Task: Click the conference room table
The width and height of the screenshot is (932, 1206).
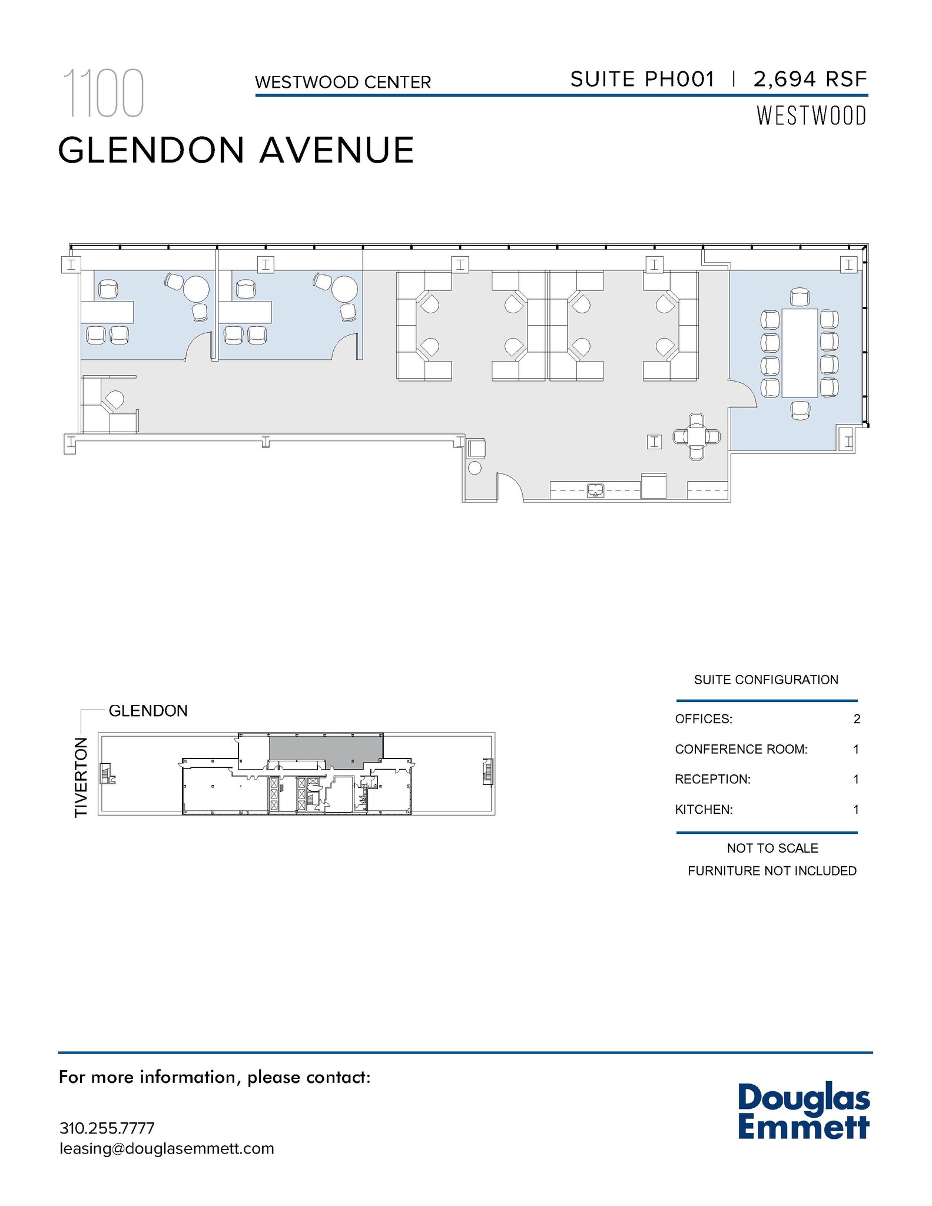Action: [799, 353]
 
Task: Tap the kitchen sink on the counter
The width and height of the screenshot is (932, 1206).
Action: [596, 490]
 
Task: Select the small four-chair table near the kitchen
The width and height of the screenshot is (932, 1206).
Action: [696, 436]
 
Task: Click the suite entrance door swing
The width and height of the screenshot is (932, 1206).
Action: [510, 486]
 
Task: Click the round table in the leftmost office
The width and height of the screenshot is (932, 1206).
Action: [196, 289]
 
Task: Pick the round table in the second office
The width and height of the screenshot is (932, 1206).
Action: [344, 289]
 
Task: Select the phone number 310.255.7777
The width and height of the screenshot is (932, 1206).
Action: [107, 1128]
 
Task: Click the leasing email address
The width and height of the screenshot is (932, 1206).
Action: [167, 1149]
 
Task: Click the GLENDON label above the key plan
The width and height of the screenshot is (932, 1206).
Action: [148, 711]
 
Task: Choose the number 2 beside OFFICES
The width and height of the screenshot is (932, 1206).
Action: [857, 719]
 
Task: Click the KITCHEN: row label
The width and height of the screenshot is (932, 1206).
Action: [704, 810]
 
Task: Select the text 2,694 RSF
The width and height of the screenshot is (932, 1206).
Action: [810, 79]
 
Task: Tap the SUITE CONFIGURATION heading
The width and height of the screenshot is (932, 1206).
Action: [765, 680]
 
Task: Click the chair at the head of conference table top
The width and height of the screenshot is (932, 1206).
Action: [800, 297]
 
